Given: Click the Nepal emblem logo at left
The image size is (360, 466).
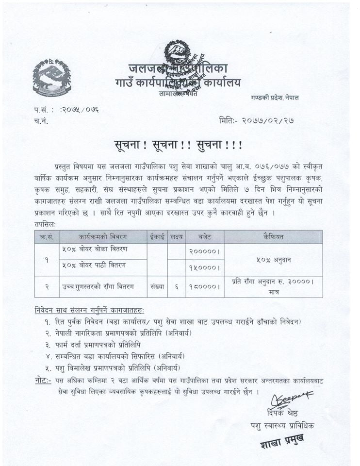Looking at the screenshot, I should [52, 78].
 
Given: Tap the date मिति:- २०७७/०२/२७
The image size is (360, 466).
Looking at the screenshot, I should [257, 120].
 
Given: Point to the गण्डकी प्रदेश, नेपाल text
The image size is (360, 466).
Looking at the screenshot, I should [275, 98].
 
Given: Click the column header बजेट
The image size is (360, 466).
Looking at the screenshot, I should [204, 237].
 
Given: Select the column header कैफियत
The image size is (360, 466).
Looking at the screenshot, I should [273, 237].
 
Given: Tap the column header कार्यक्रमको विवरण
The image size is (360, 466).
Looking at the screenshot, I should [103, 237].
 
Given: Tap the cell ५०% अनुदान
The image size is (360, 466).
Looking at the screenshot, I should [273, 260].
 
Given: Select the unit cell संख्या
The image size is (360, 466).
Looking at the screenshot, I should [157, 287].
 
